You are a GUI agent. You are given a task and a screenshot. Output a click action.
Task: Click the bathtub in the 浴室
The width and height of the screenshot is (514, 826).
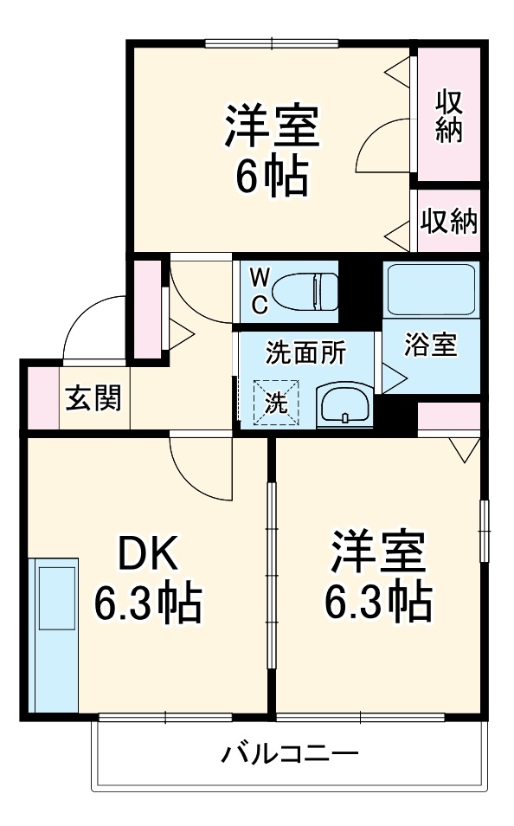click(x=430, y=290)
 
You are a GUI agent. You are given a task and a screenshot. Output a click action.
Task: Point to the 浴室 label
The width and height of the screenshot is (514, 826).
click(x=430, y=345)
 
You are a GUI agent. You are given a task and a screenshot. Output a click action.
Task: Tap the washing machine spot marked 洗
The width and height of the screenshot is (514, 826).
click(x=274, y=403)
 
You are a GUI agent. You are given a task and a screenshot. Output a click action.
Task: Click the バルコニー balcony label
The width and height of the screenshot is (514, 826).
click(x=288, y=753)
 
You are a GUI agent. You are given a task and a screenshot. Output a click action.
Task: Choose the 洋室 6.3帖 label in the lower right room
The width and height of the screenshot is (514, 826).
click(x=377, y=578)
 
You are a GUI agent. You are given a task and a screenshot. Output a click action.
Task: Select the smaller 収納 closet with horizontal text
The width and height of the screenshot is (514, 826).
click(x=448, y=222)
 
